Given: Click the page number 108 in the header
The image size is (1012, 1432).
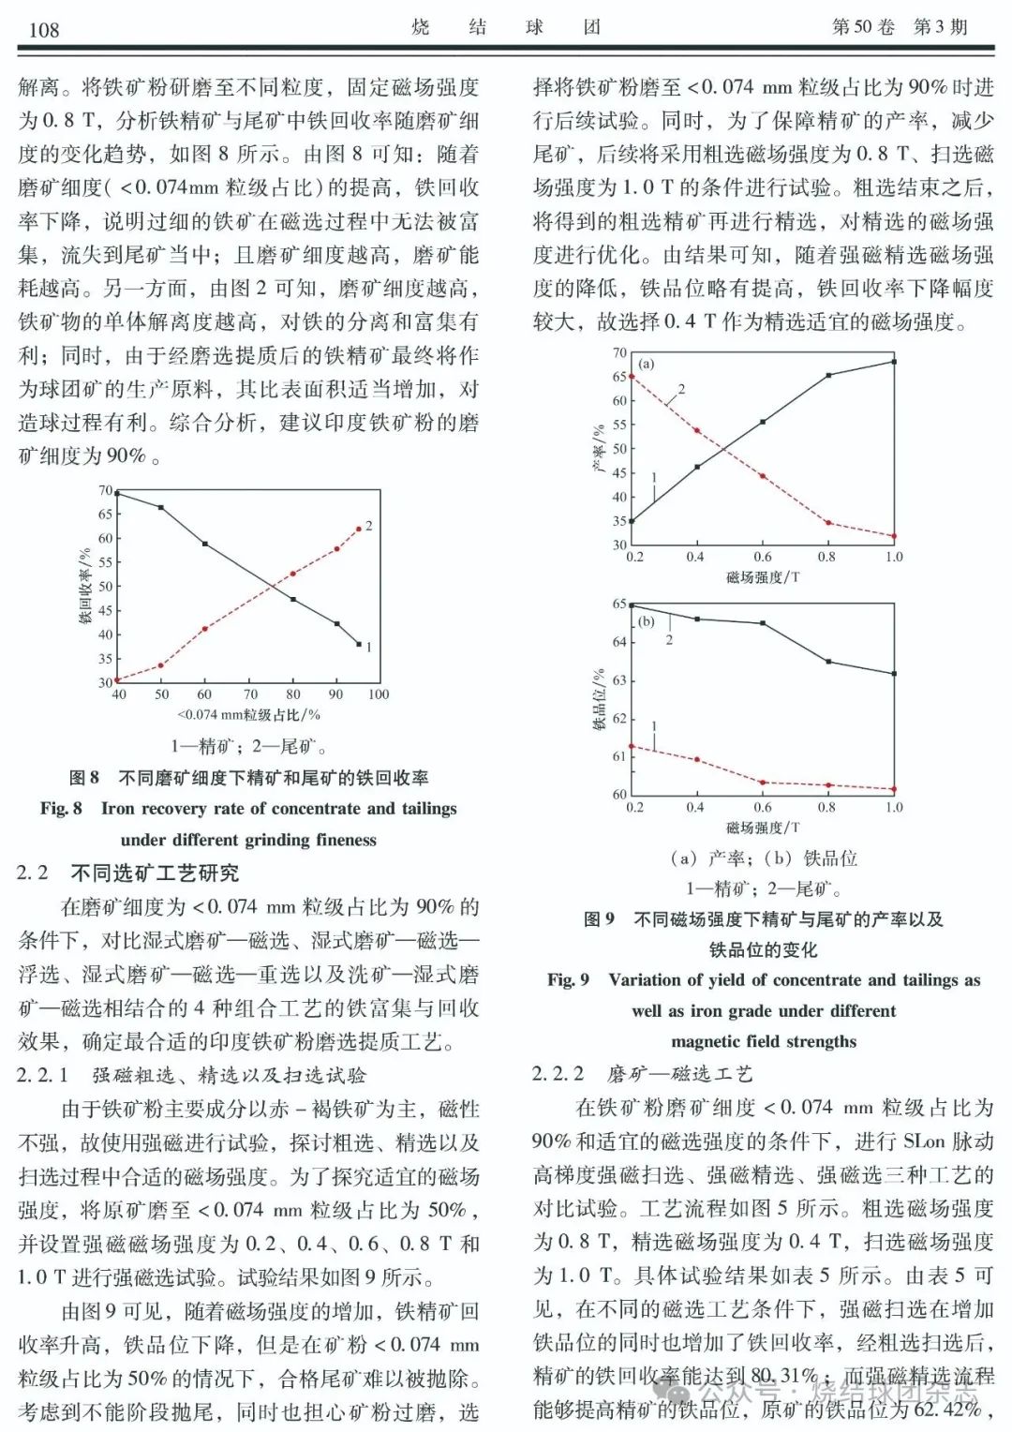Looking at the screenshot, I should tap(43, 28).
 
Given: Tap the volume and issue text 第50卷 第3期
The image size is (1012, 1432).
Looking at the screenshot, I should tap(899, 26).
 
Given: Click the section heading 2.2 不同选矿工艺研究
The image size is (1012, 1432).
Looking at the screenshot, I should tap(127, 873).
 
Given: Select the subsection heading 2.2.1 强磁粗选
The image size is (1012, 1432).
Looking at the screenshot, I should tap(191, 1075).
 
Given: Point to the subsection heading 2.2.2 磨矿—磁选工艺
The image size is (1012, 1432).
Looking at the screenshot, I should tap(642, 1073).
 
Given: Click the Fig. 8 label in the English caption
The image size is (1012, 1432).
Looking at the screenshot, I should tap(61, 808).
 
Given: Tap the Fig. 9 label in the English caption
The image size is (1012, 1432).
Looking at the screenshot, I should tap(569, 979).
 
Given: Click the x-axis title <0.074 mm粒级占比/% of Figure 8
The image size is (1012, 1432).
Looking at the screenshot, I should tap(248, 715).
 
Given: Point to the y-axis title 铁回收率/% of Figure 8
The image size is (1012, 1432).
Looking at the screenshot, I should tap(85, 587).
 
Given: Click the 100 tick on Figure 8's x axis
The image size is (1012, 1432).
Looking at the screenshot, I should tap(378, 694).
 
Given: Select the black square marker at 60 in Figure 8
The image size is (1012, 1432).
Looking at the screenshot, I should tap(204, 544).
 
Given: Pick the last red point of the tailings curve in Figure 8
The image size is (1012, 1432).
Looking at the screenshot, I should tap(358, 530).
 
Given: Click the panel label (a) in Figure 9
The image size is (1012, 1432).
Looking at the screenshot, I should tap(647, 364).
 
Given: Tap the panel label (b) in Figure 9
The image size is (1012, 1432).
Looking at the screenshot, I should tap(647, 621).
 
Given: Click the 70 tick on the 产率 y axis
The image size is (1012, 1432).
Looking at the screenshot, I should tap(619, 352).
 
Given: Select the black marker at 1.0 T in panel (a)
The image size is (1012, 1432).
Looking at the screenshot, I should tap(893, 362).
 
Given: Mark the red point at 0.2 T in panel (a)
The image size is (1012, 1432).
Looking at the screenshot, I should tap(632, 376).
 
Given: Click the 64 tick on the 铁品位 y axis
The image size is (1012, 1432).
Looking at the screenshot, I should tap(619, 642).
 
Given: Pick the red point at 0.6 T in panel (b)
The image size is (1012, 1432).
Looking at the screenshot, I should tap(763, 782).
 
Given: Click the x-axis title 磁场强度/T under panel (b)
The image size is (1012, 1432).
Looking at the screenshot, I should tap(763, 828).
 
